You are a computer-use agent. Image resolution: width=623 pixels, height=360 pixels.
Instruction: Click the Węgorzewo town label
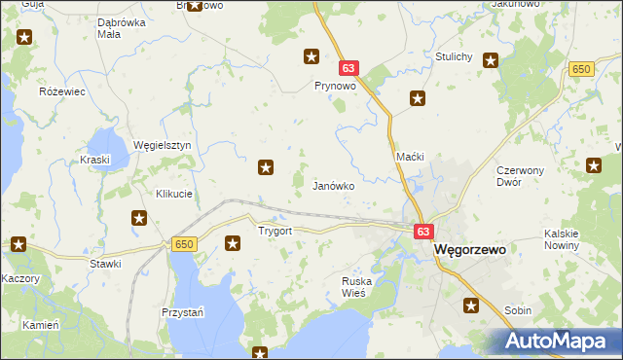point(470,249)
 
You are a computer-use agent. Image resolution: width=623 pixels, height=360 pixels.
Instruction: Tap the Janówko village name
point(333,185)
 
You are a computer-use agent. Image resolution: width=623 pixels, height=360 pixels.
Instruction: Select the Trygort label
point(275,232)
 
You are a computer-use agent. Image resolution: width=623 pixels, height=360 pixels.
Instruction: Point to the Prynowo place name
point(333,86)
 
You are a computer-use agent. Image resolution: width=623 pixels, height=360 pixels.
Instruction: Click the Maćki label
point(410,157)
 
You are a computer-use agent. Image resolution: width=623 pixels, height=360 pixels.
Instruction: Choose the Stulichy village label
point(455,56)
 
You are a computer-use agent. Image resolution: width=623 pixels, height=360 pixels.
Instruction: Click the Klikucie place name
point(174,194)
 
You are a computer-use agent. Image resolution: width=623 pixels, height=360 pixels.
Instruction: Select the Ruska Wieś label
point(359,287)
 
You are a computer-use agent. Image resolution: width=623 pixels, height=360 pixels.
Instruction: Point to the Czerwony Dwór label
point(524,175)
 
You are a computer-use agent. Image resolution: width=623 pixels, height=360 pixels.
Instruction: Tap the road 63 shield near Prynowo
point(350,69)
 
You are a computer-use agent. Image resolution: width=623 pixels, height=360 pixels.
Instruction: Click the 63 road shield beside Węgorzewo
point(422,233)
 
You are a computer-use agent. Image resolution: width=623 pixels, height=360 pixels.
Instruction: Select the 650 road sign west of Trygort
point(185,244)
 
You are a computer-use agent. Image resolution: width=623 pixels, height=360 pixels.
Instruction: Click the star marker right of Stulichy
point(491,60)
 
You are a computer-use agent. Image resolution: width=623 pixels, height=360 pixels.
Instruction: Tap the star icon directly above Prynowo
point(311,56)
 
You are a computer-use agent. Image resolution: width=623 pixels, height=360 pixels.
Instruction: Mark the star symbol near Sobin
point(472,306)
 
